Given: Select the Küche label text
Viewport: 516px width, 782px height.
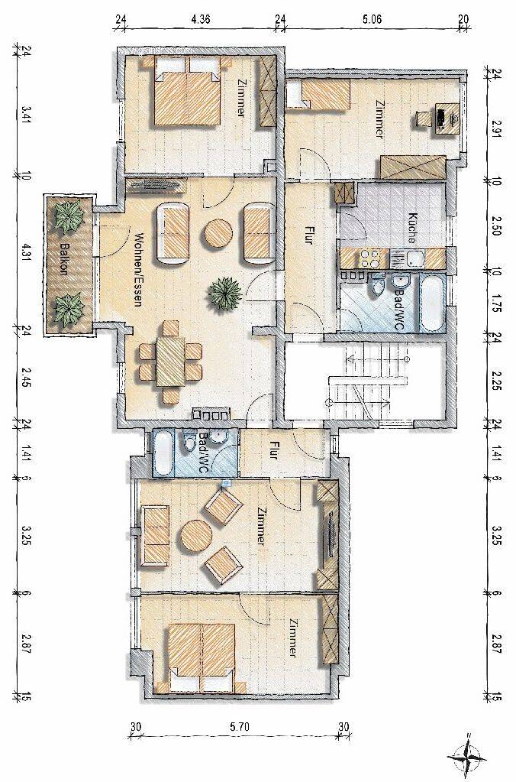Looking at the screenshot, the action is point(412,228).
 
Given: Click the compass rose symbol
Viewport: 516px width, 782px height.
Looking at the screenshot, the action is point(468,758).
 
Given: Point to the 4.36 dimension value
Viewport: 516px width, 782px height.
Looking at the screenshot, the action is point(201,20).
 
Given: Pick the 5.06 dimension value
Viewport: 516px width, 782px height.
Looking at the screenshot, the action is point(372,20).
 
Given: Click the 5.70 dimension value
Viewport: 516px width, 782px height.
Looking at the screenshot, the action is point(240,727).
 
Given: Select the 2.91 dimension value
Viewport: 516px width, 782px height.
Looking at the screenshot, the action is point(497,128).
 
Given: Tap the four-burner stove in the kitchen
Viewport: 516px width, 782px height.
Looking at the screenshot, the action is point(369,259).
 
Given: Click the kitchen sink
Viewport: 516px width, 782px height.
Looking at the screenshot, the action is point(414,259).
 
